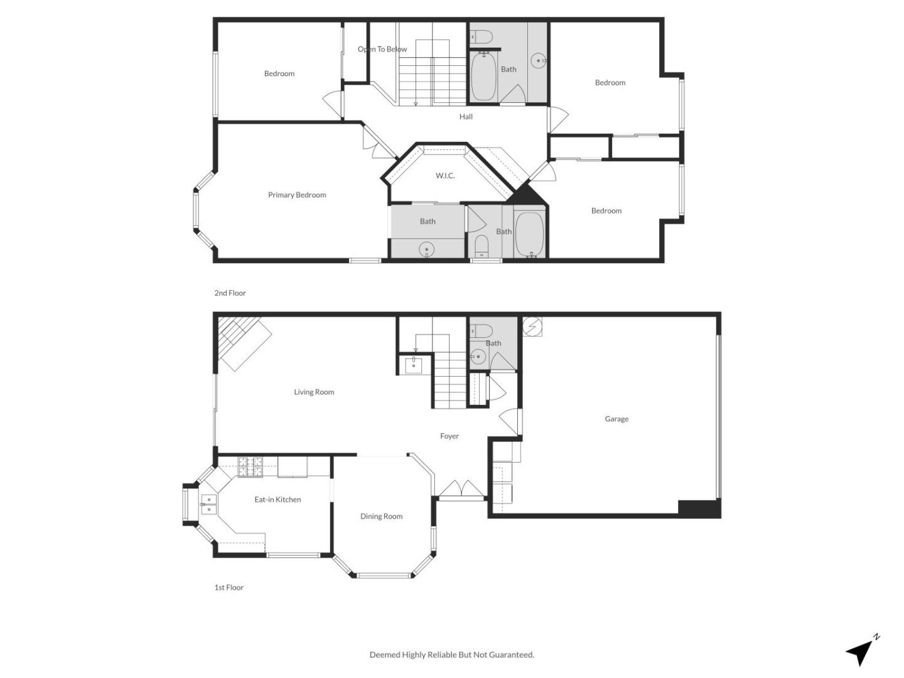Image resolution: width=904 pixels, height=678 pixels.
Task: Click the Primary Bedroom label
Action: coord(297,195)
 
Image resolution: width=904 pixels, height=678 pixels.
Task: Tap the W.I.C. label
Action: coord(445,176)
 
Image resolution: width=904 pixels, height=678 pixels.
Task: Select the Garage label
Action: coord(616,419)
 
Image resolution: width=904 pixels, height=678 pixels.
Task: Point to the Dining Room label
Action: coord(381,517)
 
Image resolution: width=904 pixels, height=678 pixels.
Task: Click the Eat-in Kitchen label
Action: coord(277,500)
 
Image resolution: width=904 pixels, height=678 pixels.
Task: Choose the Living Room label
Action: coord(314,392)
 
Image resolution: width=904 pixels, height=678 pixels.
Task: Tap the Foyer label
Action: coord(449,436)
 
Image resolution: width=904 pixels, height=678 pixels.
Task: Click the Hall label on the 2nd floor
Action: coord(466,117)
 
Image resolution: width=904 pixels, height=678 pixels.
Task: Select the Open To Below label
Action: coord(382,50)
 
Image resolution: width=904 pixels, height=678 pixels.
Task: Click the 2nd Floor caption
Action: coord(230,293)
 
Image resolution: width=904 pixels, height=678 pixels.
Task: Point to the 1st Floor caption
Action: coord(229,588)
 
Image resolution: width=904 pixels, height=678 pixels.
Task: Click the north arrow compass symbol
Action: coord(861,652)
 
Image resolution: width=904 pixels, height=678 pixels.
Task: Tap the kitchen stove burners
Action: coord(249,466)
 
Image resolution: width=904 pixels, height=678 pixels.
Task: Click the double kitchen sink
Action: coord(208,504)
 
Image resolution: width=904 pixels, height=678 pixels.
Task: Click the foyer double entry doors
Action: coord(461,489)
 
